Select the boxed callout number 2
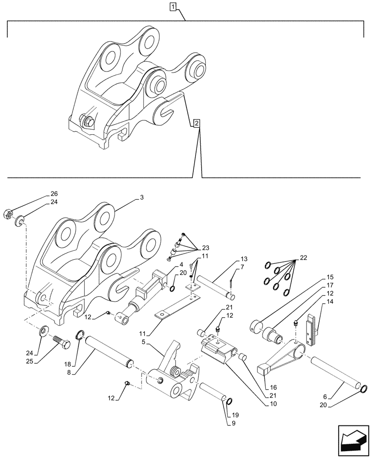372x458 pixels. [x=196, y=123]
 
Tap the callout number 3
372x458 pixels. [x=142, y=197]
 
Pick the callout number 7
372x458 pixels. [x=242, y=267]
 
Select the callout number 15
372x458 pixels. [x=331, y=277]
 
